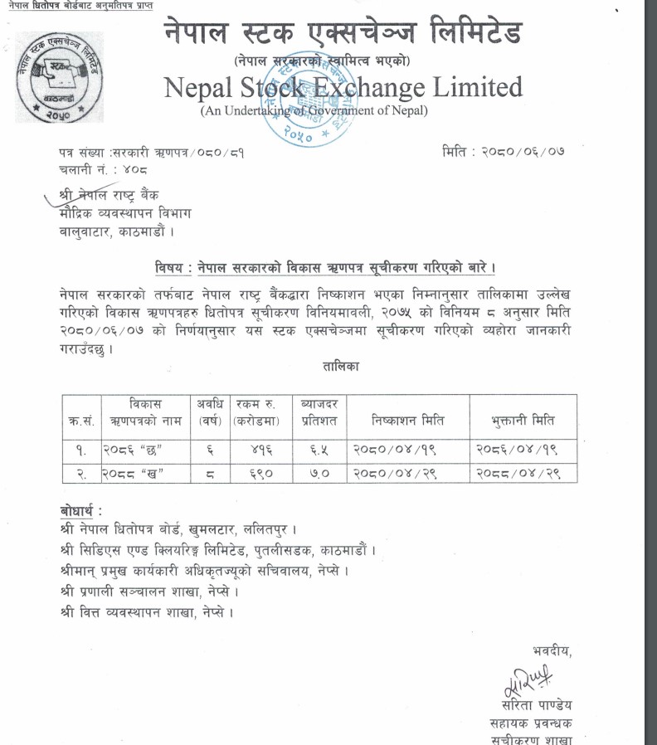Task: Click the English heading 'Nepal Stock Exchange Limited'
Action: point(343,87)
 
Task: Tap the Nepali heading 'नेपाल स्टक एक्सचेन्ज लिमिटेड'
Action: point(343,34)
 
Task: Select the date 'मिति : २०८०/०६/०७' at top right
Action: point(504,152)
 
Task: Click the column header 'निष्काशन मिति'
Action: point(406,421)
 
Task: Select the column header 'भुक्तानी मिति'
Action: point(522,421)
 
